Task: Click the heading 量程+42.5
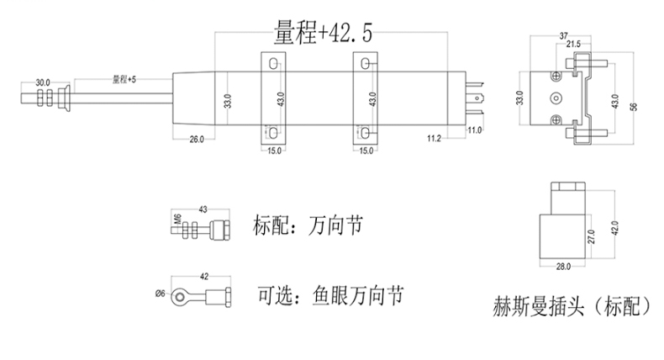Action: [323, 32]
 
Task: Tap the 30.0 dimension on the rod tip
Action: [42, 82]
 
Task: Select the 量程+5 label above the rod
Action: [124, 79]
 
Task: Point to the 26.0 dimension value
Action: [197, 139]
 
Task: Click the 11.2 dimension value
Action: [434, 138]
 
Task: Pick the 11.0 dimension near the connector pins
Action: [474, 130]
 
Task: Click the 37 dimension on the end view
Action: [564, 36]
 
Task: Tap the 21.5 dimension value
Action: [573, 44]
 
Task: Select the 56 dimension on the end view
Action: [634, 107]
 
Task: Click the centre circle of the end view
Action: [556, 98]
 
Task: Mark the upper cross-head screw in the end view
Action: [556, 77]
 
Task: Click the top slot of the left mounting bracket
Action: [273, 64]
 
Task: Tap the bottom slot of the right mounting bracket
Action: [365, 133]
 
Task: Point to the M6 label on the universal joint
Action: [178, 219]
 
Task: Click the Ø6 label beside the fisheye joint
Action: [160, 294]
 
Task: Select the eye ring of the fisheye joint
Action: [180, 296]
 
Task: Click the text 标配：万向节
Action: [308, 225]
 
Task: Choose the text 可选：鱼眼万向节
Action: [330, 295]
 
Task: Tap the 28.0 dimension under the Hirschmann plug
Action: [563, 267]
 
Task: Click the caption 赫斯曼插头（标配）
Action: [572, 305]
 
